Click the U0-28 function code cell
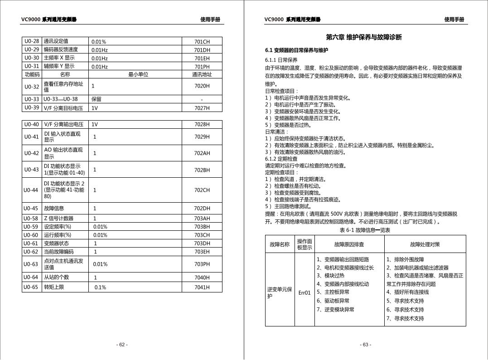pyautogui.click(x=32, y=41)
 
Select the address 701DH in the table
pyautogui.click(x=202, y=50)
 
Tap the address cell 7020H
pyautogui.click(x=202, y=86)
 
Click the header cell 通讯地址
pyautogui.click(x=202, y=74)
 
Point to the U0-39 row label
pyautogui.click(x=32, y=108)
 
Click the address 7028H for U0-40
pyautogui.click(x=202, y=124)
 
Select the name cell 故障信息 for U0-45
pyautogui.click(x=54, y=209)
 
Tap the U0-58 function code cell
pyautogui.click(x=32, y=219)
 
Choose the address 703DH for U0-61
pyautogui.click(x=202, y=243)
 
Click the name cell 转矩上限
pyautogui.click(x=53, y=287)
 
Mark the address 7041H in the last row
pyautogui.click(x=202, y=287)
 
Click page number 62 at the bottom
pyautogui.click(x=122, y=345)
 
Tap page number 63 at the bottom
pyautogui.click(x=365, y=345)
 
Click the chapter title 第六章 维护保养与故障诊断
pyautogui.click(x=363, y=37)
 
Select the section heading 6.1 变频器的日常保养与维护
pyautogui.click(x=296, y=50)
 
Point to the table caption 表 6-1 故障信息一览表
pyautogui.click(x=365, y=230)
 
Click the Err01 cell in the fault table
pyautogui.click(x=304, y=292)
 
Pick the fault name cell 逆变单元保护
pyautogui.click(x=280, y=292)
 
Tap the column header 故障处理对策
pyautogui.click(x=425, y=244)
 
